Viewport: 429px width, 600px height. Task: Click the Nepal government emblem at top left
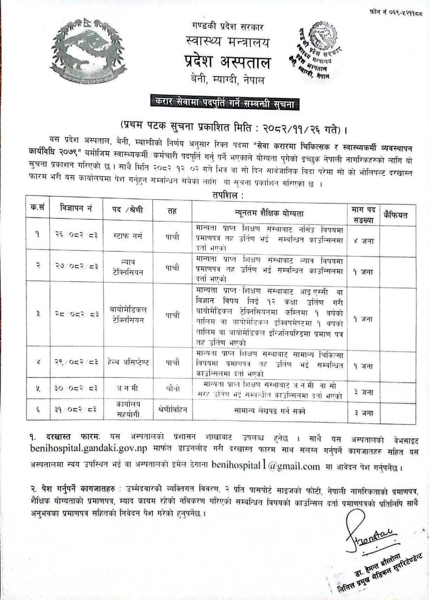pos(88,51)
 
